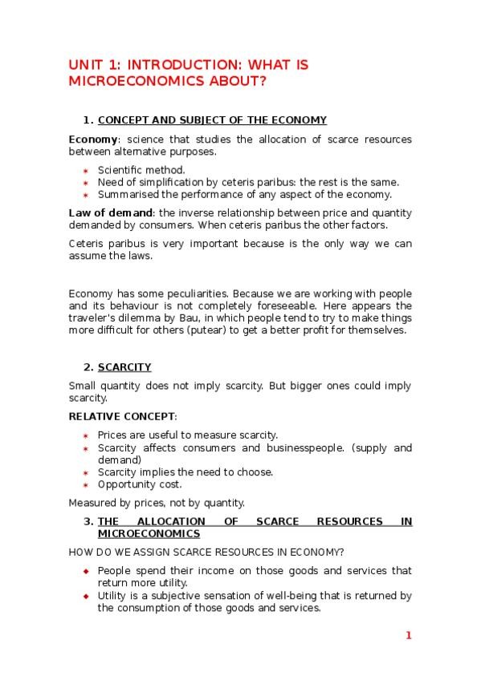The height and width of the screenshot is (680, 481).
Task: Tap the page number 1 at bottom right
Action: [x=408, y=636]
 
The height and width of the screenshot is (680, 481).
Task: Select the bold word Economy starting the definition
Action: [x=88, y=140]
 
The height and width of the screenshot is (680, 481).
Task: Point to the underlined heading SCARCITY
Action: [x=124, y=367]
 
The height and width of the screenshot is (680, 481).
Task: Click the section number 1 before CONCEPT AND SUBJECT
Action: [x=87, y=120]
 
